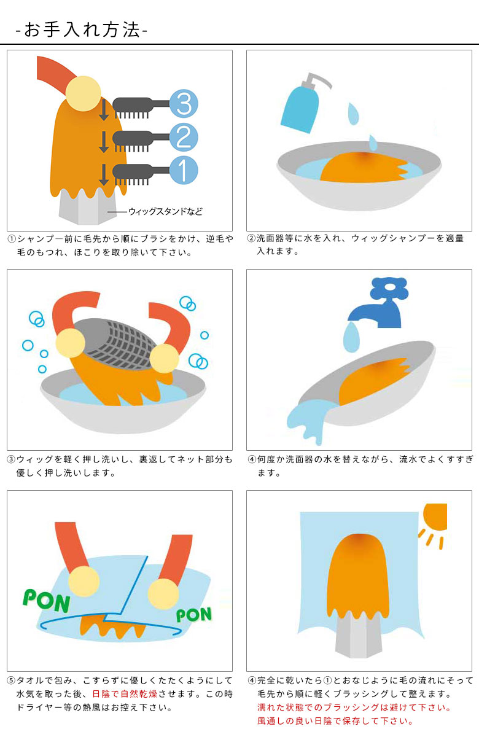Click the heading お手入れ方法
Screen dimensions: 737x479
point(81,30)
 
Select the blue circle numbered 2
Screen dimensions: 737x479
point(182,137)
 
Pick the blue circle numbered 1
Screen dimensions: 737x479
point(182,170)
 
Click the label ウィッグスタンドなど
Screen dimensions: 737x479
point(165,212)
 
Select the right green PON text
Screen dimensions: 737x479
point(193,614)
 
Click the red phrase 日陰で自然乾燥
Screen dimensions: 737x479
point(126,693)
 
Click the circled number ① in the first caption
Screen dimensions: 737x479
point(11,239)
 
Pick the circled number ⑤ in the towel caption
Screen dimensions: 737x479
point(11,680)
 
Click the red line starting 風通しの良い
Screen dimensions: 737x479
point(335,721)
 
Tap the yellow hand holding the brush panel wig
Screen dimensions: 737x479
point(83,93)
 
